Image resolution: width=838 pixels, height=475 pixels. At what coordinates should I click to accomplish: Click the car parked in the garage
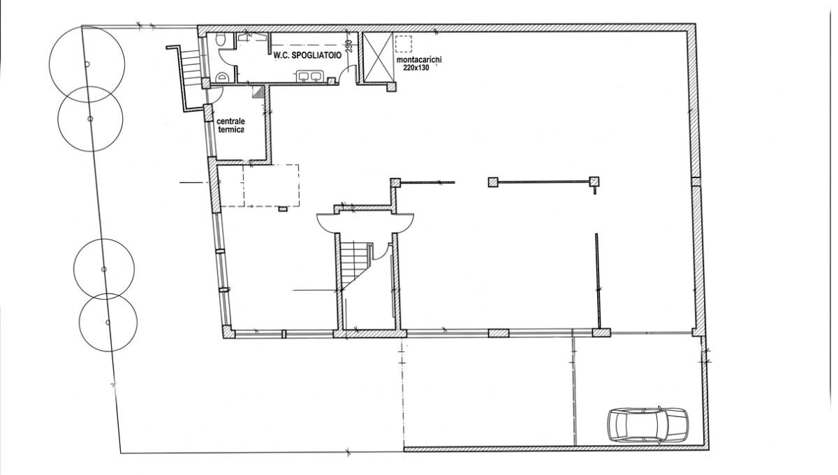click(x=647, y=425)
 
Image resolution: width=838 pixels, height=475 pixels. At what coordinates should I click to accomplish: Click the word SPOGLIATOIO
click(x=316, y=56)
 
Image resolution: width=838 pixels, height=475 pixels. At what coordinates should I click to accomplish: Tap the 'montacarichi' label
click(x=419, y=60)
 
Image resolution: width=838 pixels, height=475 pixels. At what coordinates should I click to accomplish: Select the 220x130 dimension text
click(x=416, y=68)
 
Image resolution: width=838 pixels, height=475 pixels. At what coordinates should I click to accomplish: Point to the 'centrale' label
click(x=231, y=122)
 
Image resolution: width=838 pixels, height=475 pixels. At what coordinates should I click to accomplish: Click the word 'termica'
click(x=231, y=130)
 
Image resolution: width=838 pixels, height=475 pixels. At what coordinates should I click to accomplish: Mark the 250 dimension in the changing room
click(x=348, y=46)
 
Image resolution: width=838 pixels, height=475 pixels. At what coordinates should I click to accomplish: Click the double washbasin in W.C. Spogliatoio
click(x=310, y=76)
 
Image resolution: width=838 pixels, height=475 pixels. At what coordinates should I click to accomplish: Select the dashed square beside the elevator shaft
click(x=404, y=43)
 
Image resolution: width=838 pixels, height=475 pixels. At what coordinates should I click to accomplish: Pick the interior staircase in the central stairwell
click(x=354, y=265)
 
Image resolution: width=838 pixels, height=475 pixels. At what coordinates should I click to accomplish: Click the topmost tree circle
click(x=87, y=64)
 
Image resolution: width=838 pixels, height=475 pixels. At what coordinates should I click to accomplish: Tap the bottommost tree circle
click(x=108, y=322)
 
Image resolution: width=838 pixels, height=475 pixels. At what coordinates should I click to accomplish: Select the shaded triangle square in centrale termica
click(x=258, y=92)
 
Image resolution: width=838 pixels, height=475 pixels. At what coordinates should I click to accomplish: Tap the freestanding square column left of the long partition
click(x=493, y=182)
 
